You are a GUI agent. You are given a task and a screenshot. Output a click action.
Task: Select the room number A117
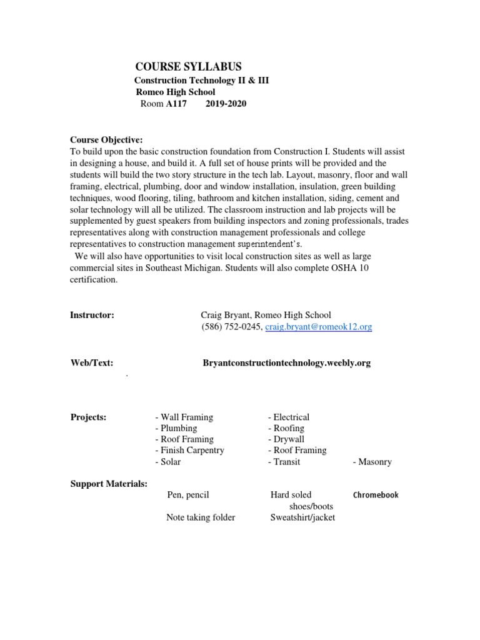pos(176,104)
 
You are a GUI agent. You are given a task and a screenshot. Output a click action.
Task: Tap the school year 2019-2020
pos(226,104)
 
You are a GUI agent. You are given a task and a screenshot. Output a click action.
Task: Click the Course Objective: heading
pos(106,139)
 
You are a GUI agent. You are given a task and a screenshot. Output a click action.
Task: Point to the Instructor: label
pos(92,315)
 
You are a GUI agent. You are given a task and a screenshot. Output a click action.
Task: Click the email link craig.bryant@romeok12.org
pos(318,327)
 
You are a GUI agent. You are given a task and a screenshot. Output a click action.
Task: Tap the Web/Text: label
pos(91,362)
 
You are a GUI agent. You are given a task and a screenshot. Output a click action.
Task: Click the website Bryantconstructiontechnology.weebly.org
pos(287,362)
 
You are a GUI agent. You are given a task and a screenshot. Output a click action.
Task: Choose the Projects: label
pos(88,417)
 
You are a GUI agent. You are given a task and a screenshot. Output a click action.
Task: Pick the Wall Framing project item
pos(184,417)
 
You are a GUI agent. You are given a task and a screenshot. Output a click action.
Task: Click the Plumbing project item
pos(176,428)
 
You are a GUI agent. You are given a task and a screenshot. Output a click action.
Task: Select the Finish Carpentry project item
pos(189,450)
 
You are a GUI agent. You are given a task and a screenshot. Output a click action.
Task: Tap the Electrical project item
pos(289,417)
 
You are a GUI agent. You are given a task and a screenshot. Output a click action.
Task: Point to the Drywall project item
pos(286,439)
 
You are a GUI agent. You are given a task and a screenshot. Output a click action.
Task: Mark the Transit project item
pos(284,462)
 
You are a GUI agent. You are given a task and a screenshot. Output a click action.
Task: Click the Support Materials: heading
pos(109,483)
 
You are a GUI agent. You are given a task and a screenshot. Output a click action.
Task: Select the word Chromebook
pos(376,495)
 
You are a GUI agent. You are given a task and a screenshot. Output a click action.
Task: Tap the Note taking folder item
pos(201,517)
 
